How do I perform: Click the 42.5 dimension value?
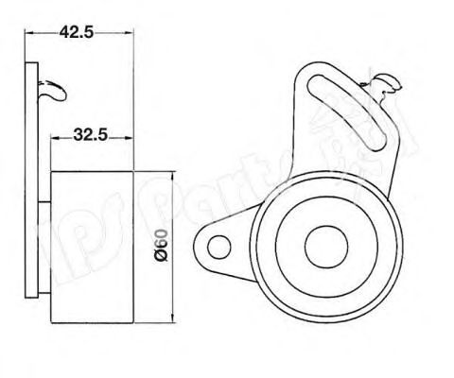point(76,31)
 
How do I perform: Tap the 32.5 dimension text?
point(90,135)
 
